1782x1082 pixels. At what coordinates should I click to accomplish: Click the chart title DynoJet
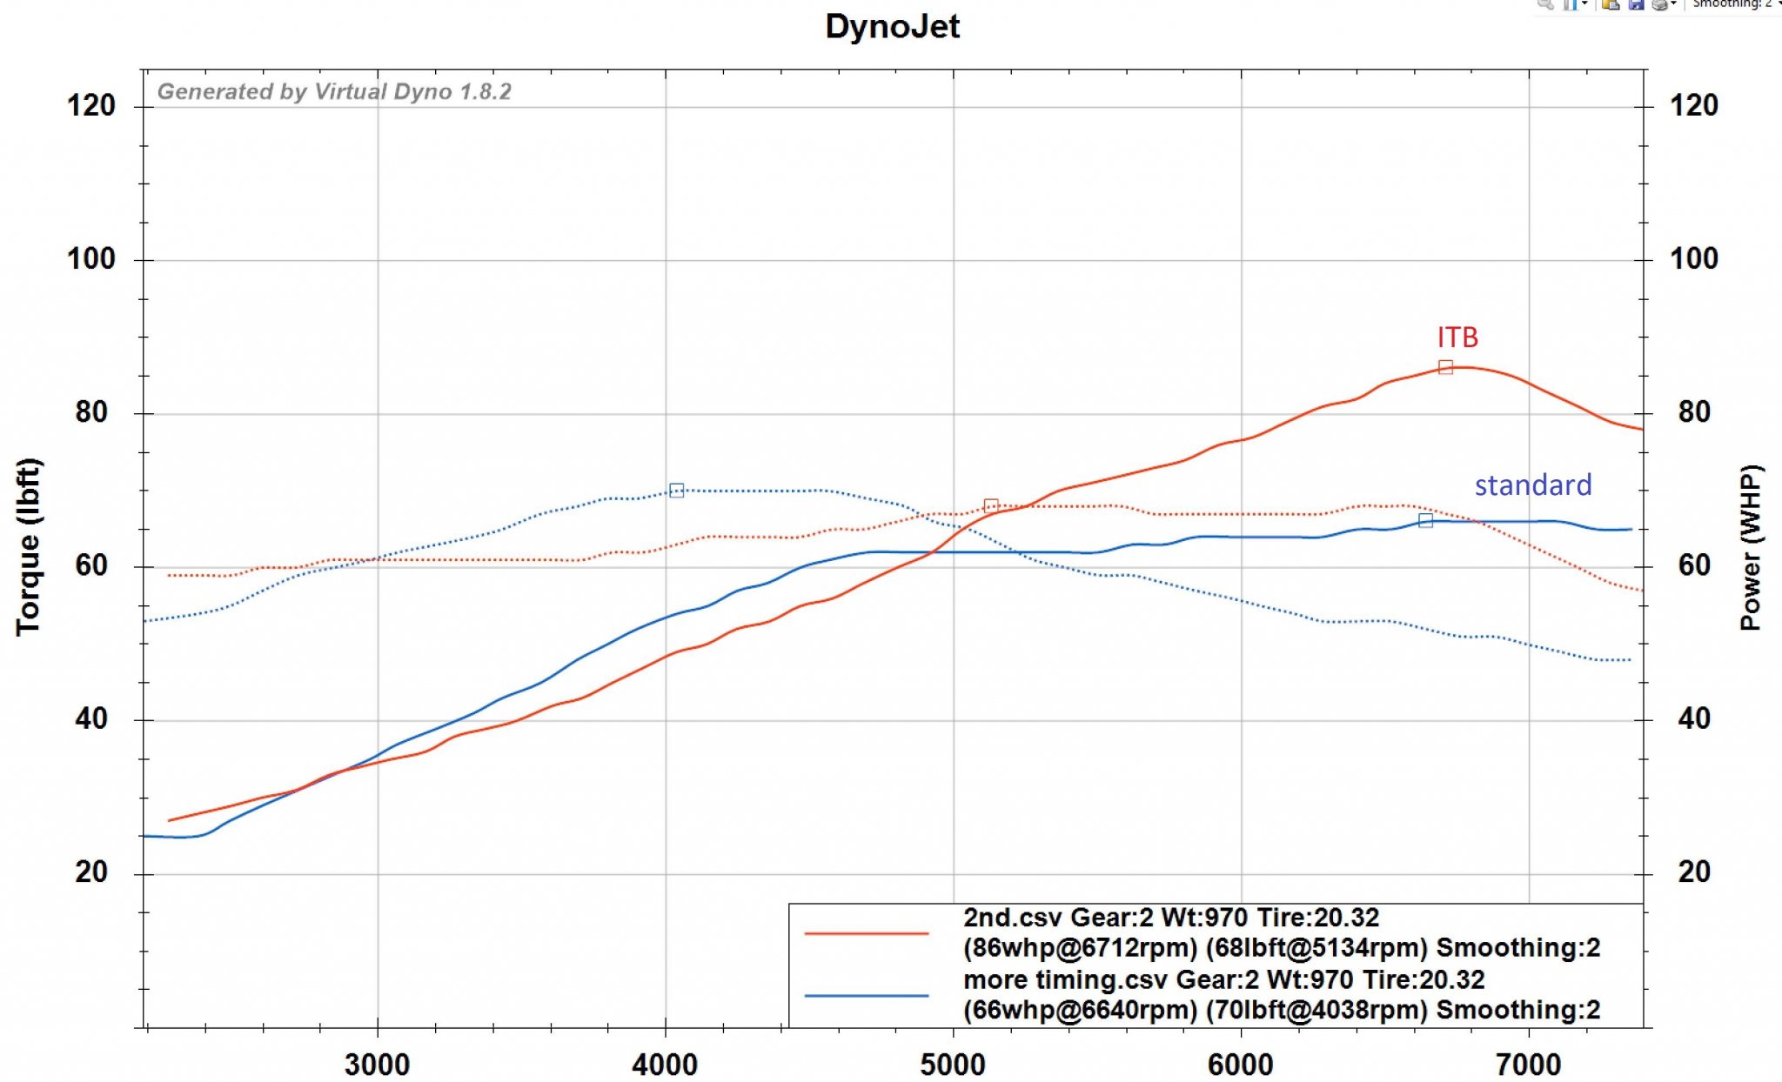coord(892,26)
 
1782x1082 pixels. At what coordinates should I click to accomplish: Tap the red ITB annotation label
coord(1457,337)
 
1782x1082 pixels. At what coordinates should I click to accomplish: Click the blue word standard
coord(1532,485)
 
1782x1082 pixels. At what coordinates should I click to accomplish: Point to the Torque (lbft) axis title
coord(29,546)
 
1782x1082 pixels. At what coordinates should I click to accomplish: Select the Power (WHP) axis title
coord(1750,547)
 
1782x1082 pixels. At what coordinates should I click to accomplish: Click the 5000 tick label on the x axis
coord(953,1064)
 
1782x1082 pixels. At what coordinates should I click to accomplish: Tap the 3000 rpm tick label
coord(377,1064)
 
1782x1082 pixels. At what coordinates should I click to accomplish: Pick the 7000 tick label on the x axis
coord(1528,1064)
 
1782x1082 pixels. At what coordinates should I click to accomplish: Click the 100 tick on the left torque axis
coord(90,259)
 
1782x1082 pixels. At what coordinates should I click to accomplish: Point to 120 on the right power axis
coord(1694,106)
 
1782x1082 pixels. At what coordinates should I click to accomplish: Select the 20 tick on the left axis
coord(90,872)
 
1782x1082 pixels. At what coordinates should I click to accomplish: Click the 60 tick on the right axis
coord(1694,566)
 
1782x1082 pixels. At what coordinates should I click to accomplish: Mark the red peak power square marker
coord(1445,367)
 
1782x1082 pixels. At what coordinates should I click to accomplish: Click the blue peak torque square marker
coord(676,491)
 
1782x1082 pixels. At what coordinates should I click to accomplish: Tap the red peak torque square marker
coord(990,506)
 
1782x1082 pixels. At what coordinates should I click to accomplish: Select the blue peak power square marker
coord(1425,520)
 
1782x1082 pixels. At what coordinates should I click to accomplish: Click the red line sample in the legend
coord(867,933)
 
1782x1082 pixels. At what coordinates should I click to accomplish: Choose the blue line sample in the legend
coord(867,995)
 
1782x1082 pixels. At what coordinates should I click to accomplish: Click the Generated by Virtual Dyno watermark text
coord(334,91)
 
